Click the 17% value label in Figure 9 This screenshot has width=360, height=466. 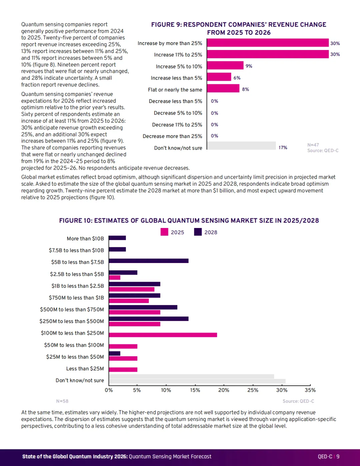283,148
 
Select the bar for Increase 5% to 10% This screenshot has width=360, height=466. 225,65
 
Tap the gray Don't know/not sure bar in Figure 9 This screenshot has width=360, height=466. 241,146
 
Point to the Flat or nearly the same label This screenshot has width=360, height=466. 175,90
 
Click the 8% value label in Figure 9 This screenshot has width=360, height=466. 246,89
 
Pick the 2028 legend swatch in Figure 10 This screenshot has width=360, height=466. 198,232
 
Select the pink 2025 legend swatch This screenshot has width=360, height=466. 164,232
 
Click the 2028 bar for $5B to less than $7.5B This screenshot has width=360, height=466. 149,261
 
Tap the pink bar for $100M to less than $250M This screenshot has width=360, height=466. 163,335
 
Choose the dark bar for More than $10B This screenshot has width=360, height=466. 117,238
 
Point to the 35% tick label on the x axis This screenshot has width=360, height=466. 310,390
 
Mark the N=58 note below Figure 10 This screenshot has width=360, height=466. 62,401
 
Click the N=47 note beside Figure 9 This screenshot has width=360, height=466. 313,145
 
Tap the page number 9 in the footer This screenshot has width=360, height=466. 338,457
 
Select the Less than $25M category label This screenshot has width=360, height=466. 85,368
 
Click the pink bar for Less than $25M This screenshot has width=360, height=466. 123,369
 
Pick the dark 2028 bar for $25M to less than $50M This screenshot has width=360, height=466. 114,353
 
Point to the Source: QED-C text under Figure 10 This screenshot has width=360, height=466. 298,401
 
